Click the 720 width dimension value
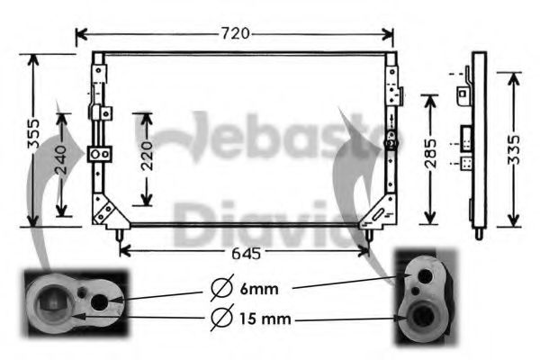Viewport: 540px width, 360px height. click(x=235, y=34)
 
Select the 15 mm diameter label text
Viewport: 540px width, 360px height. click(x=264, y=318)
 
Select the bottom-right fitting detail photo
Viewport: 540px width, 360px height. click(x=423, y=298)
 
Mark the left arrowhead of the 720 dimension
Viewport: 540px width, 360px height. click(x=79, y=34)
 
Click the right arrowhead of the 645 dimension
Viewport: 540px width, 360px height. click(x=367, y=252)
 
